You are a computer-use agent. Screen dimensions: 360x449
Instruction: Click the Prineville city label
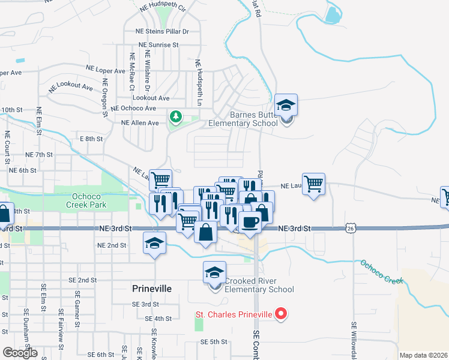[151, 289]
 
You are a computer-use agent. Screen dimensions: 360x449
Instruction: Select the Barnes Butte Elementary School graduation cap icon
[286, 105]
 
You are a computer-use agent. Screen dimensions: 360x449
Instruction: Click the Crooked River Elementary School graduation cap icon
[215, 272]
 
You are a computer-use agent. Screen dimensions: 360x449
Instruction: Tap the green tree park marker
[176, 116]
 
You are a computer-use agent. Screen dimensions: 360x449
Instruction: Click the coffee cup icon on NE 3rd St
[250, 221]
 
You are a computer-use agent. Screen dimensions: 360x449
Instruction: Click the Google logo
[20, 352]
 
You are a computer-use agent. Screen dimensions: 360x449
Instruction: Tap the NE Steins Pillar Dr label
[160, 31]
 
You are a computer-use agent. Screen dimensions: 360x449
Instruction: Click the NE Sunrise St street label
[158, 44]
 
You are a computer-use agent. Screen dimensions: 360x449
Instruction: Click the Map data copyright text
[423, 355]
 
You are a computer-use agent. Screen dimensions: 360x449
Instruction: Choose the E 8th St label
[91, 139]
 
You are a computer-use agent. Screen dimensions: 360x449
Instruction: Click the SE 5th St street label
[214, 342]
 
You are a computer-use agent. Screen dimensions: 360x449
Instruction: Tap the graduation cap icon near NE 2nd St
[154, 243]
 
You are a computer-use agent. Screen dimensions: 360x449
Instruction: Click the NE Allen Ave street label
[140, 123]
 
